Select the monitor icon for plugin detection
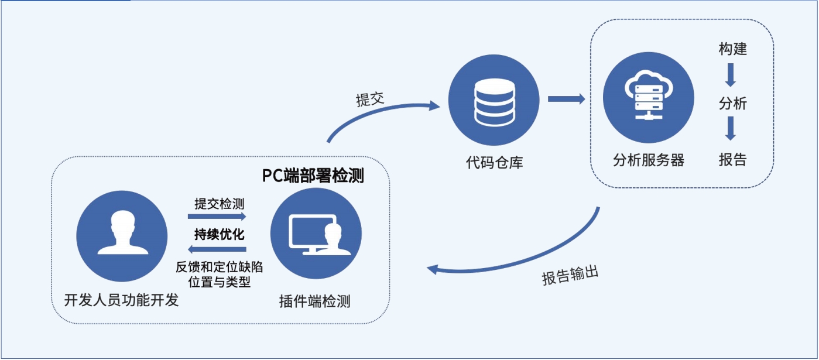tap(316, 233)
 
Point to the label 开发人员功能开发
tap(121, 301)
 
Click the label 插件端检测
tap(315, 302)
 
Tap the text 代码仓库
tap(495, 162)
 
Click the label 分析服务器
tap(649, 160)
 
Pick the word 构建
tap(733, 49)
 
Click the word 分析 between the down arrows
tap(733, 104)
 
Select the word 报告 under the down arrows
tap(733, 159)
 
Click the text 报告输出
tap(570, 276)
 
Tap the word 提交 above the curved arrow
tap(370, 100)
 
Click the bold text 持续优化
tap(220, 235)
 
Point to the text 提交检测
tap(220, 204)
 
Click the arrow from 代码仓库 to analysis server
tap(566, 99)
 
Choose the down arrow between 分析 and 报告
tap(730, 128)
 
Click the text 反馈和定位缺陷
tap(220, 268)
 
